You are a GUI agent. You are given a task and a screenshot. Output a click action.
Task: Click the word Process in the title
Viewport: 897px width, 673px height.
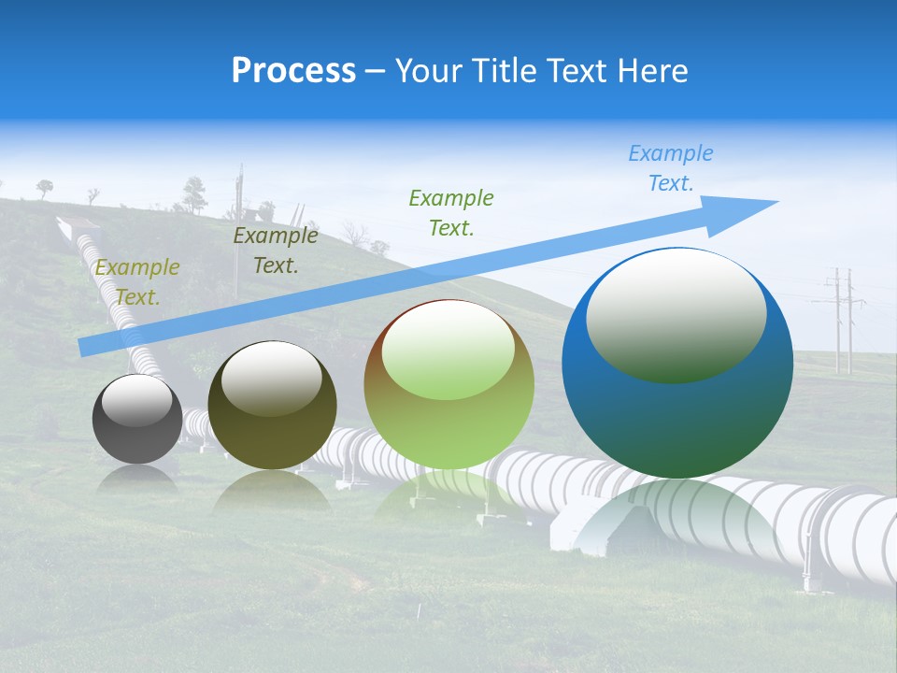tap(293, 71)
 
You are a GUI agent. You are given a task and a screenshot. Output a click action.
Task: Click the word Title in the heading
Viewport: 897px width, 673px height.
tap(504, 71)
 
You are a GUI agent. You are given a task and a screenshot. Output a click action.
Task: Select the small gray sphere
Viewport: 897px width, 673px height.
tap(137, 419)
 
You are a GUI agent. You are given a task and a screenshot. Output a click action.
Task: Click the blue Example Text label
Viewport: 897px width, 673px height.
tap(671, 168)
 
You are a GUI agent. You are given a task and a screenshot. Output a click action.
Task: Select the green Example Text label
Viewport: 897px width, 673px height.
tap(451, 212)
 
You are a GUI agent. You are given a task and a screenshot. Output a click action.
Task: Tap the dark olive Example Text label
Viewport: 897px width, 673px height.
tap(276, 251)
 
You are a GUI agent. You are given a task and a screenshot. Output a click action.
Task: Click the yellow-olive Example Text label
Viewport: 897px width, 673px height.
tap(137, 282)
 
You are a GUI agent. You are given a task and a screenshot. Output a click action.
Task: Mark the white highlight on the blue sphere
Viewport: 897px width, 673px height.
tap(676, 313)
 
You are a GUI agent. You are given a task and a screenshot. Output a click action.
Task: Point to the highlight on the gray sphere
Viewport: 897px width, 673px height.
tap(136, 399)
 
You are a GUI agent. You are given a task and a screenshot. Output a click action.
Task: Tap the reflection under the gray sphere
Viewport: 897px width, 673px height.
tap(137, 479)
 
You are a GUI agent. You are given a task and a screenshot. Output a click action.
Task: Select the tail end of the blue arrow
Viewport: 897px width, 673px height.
tap(86, 348)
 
